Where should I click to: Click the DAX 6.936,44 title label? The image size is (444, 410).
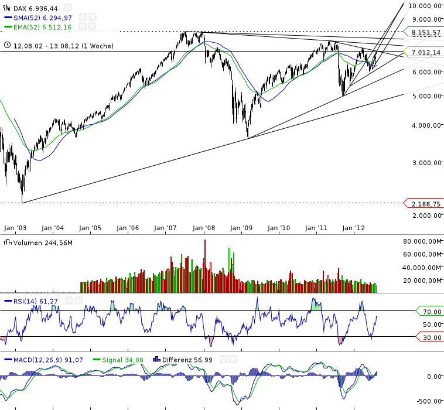pos(35,8)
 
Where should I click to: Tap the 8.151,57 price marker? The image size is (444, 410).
pos(425,33)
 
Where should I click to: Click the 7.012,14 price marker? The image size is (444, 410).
pos(425,53)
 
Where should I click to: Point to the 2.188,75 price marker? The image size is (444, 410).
pos(425,203)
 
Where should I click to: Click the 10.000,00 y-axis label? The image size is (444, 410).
pos(425,6)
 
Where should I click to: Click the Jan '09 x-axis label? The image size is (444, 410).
pos(241,228)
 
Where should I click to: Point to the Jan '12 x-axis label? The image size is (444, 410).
pos(354,228)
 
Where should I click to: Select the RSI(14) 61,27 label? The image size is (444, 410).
pos(36,300)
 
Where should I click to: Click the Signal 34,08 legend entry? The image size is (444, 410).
pos(122,359)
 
